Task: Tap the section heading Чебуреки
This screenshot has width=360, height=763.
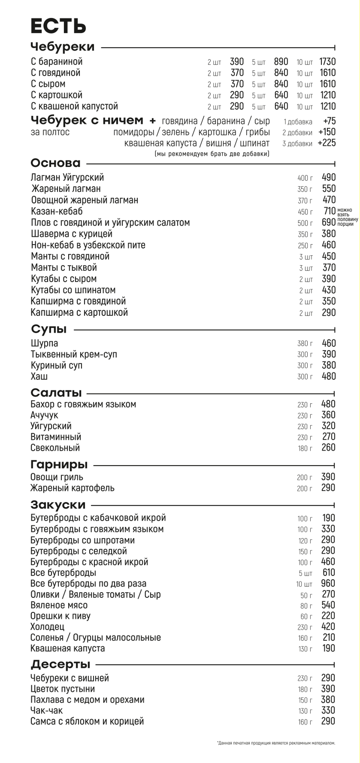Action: (x=63, y=47)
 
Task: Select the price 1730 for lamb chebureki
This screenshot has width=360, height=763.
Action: (x=328, y=62)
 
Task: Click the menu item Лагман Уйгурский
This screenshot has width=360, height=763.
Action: (x=67, y=177)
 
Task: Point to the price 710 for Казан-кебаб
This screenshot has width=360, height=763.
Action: (x=329, y=211)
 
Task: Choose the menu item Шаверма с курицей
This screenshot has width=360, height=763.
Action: (x=72, y=234)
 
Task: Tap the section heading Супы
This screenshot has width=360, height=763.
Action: (x=49, y=329)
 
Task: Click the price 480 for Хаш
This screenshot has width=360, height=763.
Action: (x=329, y=376)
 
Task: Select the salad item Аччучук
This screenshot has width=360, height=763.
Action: (x=44, y=415)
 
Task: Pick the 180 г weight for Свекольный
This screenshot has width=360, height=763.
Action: (x=305, y=448)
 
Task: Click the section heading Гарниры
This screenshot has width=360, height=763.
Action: (x=59, y=464)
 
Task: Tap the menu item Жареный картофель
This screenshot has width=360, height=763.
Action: (x=73, y=488)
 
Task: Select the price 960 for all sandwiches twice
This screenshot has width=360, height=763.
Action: (x=328, y=584)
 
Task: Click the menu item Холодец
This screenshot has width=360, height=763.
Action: (x=47, y=627)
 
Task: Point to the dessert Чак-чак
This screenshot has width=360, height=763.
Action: (x=47, y=711)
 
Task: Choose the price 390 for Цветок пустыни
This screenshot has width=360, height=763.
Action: (x=328, y=689)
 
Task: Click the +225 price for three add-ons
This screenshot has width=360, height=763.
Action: (x=327, y=143)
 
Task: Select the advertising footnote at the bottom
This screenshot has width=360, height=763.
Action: (x=276, y=743)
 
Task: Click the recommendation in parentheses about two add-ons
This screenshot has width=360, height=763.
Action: (x=212, y=154)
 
